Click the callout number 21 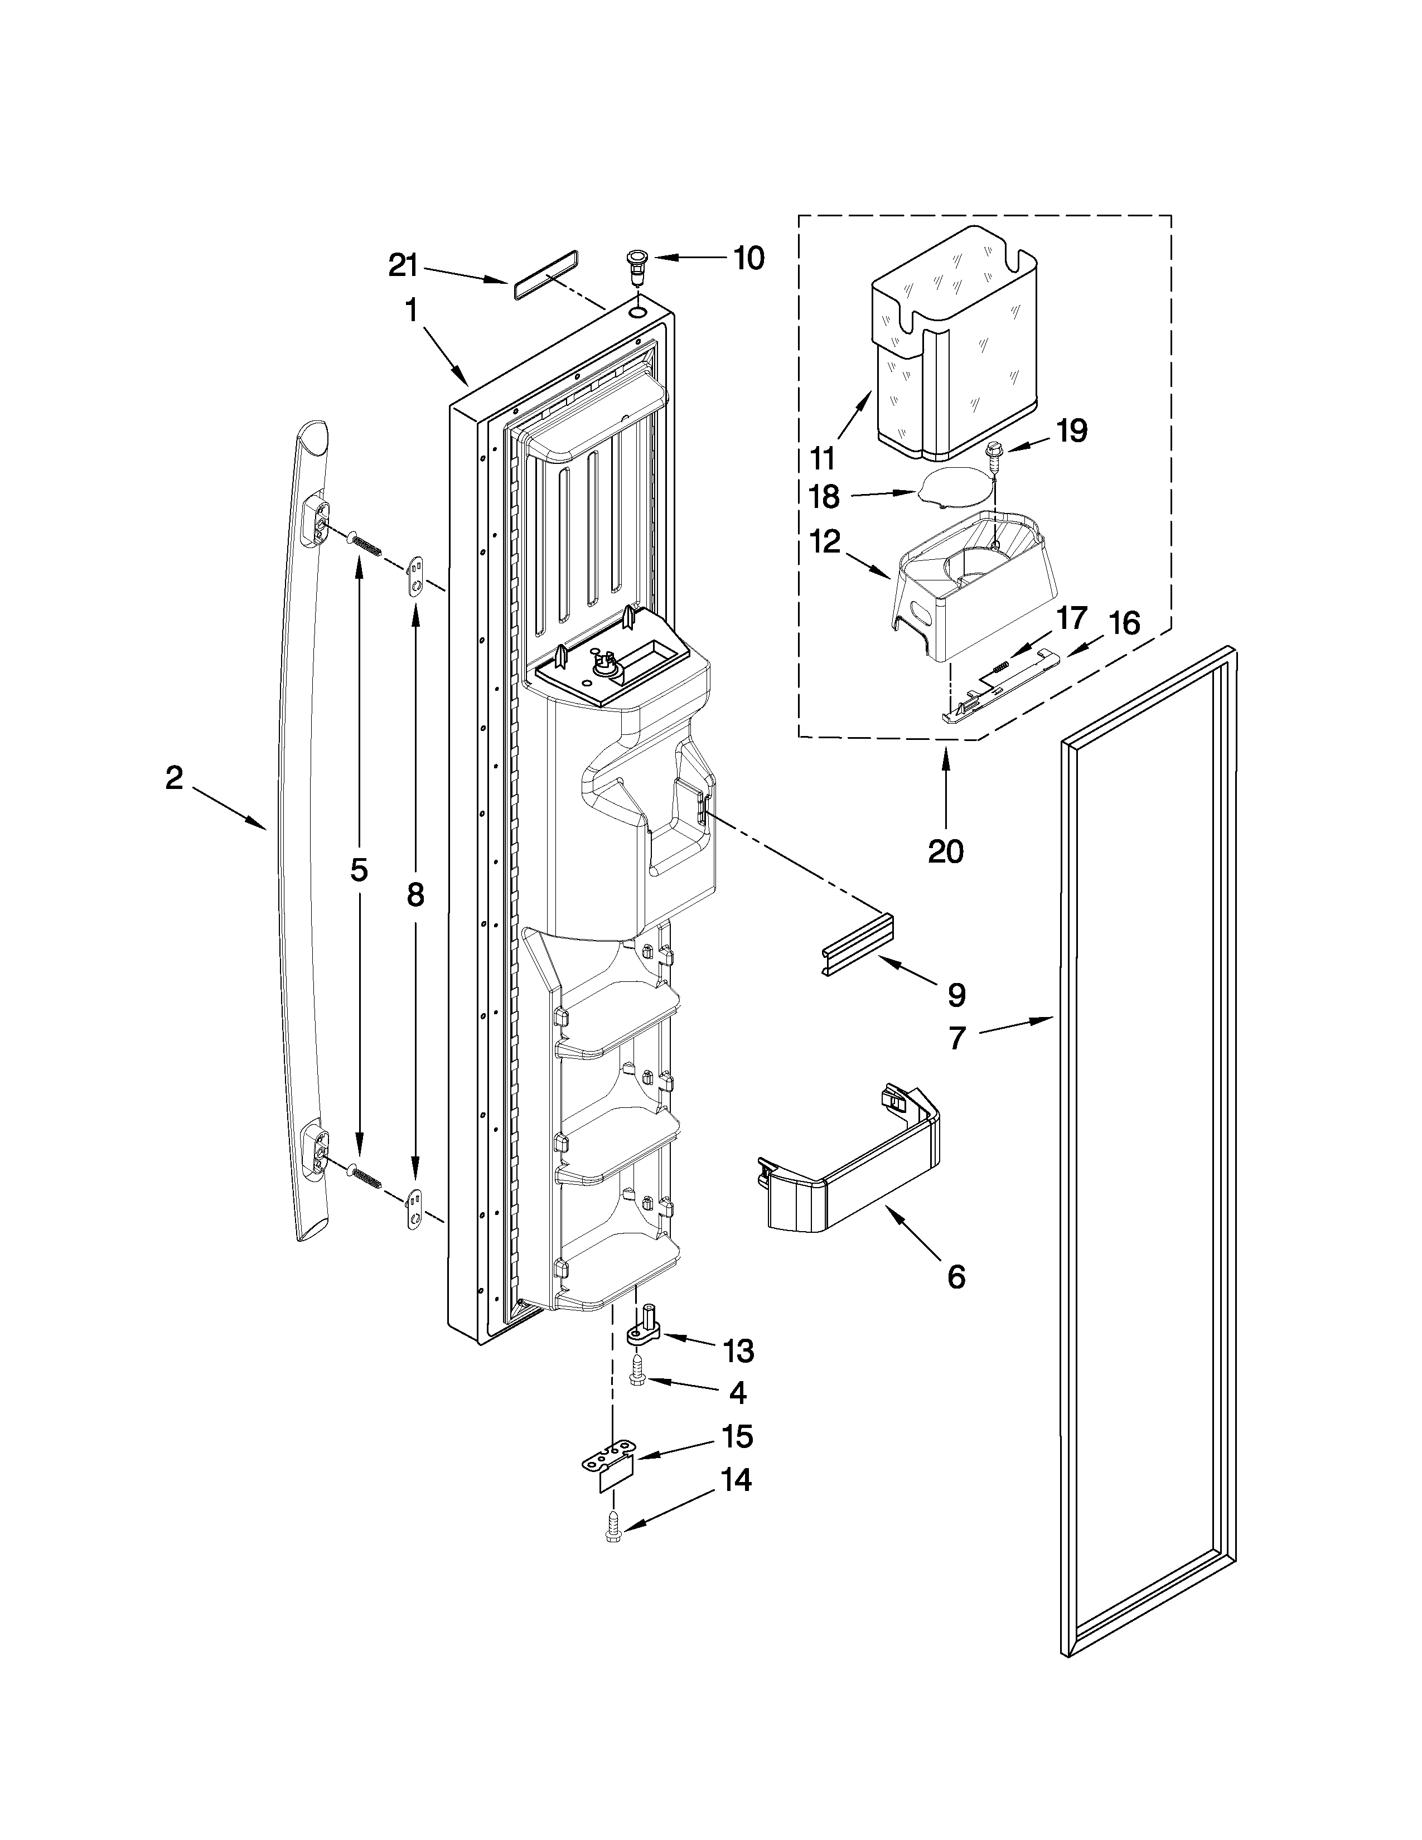click(403, 266)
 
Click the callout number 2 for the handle click(173, 778)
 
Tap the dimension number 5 click(359, 869)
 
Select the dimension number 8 click(414, 895)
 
